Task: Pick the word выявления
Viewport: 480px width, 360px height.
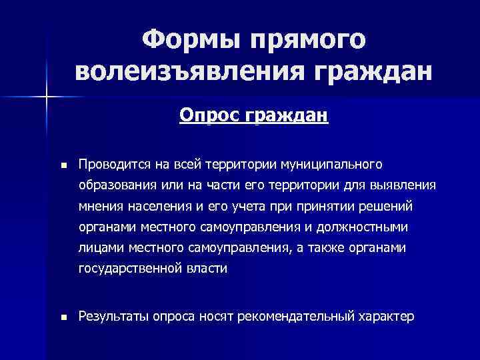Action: tap(407, 185)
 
